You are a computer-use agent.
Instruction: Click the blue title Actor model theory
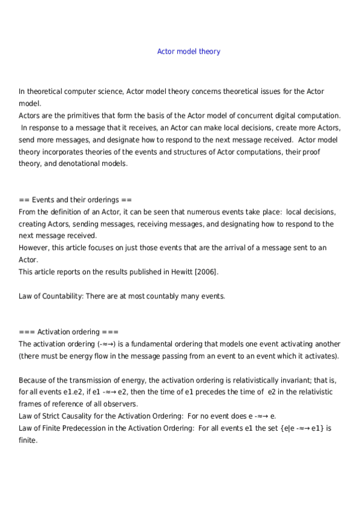pos(189,52)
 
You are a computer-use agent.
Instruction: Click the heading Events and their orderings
pos(76,200)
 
